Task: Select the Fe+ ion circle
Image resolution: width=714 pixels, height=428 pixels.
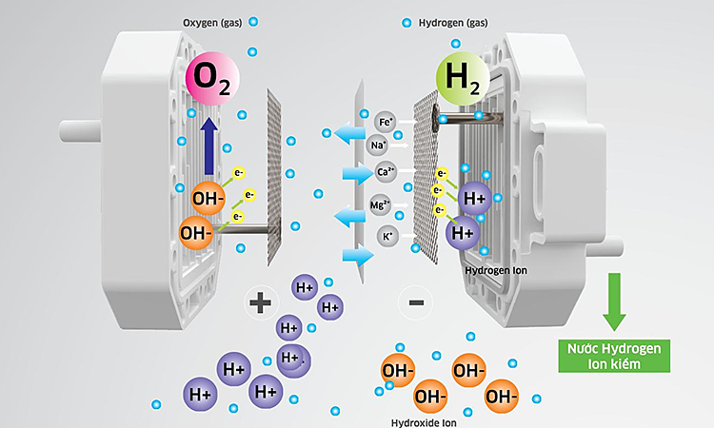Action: pyautogui.click(x=386, y=123)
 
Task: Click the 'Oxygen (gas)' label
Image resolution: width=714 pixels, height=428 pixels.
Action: pyautogui.click(x=211, y=22)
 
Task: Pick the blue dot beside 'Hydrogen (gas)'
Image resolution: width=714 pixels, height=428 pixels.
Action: pyautogui.click(x=407, y=22)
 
